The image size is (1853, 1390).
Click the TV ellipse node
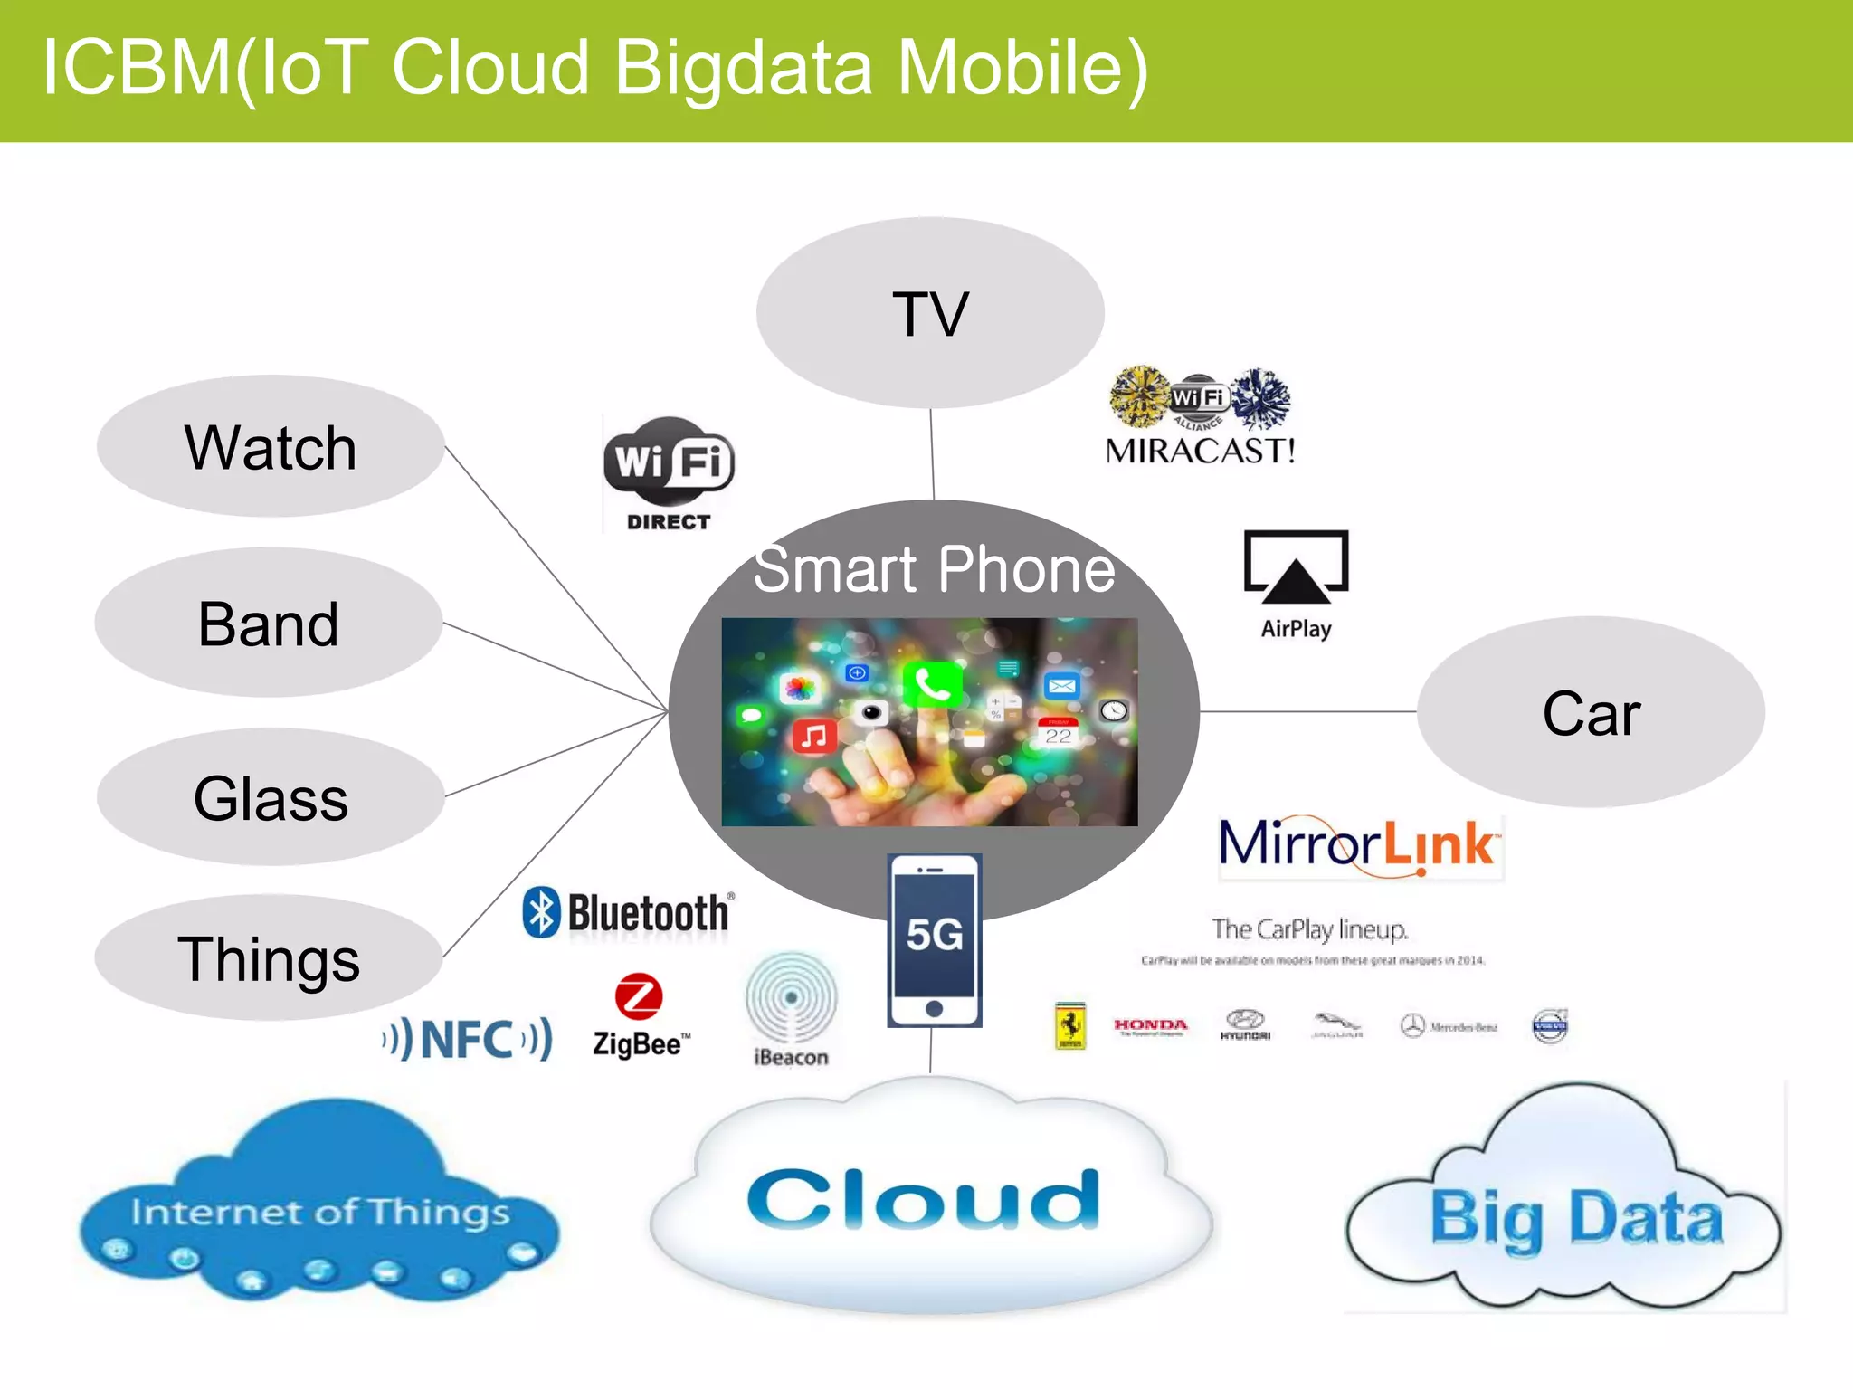point(930,313)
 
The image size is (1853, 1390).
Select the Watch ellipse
point(271,446)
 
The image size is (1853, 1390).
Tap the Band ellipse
point(269,623)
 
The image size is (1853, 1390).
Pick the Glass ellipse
point(271,797)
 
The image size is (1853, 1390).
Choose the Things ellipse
point(269,957)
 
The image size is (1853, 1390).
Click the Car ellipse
point(1591,712)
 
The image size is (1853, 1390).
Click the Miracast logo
point(1201,415)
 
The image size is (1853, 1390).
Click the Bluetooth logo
point(628,912)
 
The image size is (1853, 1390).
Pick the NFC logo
point(467,1039)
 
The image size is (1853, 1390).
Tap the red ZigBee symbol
point(639,996)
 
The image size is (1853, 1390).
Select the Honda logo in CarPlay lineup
point(1150,1026)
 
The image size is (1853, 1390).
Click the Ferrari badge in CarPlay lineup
point(1070,1026)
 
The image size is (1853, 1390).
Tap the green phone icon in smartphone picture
point(932,684)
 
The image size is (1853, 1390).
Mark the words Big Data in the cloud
point(1576,1218)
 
